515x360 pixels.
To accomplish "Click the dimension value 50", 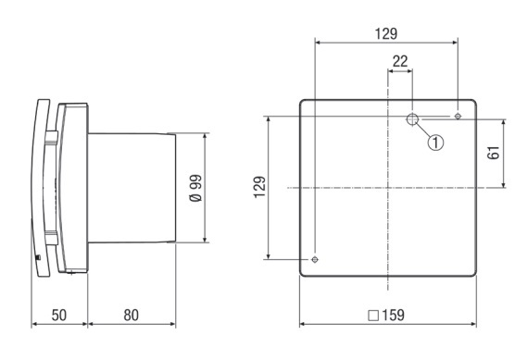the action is (59, 315).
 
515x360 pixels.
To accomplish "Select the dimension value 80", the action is (131, 315).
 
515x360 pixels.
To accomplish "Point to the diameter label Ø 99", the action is (196, 188).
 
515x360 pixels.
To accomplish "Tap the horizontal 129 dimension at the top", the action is (386, 33).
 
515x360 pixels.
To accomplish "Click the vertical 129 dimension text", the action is (259, 187).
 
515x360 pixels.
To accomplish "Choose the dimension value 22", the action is (400, 61).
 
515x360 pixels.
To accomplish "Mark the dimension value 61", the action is (494, 153).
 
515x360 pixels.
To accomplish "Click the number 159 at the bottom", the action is (393, 315).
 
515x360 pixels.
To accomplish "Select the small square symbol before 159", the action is (373, 316).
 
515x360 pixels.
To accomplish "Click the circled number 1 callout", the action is (435, 143).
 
